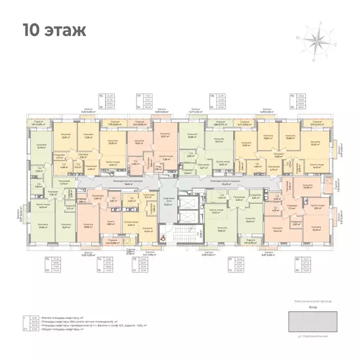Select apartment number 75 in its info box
pyautogui.click(x=47, y=258)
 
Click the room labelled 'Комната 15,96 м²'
pyautogui.click(x=88, y=225)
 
